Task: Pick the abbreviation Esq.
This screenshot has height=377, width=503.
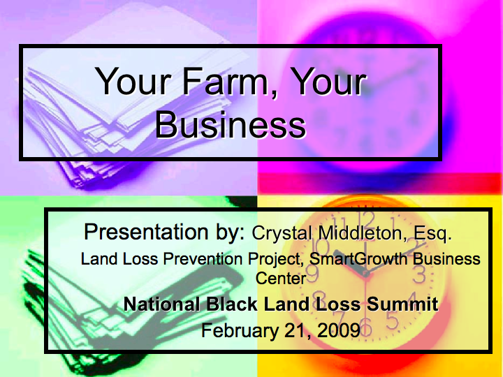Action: tap(432, 234)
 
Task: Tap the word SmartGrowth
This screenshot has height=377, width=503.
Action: tap(358, 259)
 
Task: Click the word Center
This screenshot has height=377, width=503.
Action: tap(280, 279)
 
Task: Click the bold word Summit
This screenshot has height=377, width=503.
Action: tap(402, 304)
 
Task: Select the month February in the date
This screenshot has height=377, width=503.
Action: tap(240, 330)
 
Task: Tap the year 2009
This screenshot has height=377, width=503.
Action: tap(338, 330)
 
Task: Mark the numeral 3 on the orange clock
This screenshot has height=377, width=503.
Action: tap(420, 275)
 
